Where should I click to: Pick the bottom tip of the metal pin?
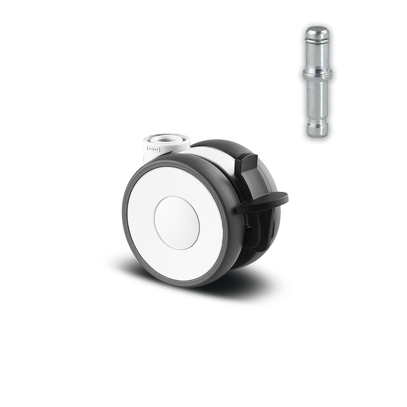pyautogui.click(x=317, y=132)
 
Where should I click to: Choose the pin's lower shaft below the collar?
pyautogui.click(x=317, y=98)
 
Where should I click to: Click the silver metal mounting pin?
pyautogui.click(x=317, y=81)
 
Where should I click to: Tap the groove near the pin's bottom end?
pyautogui.click(x=317, y=120)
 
